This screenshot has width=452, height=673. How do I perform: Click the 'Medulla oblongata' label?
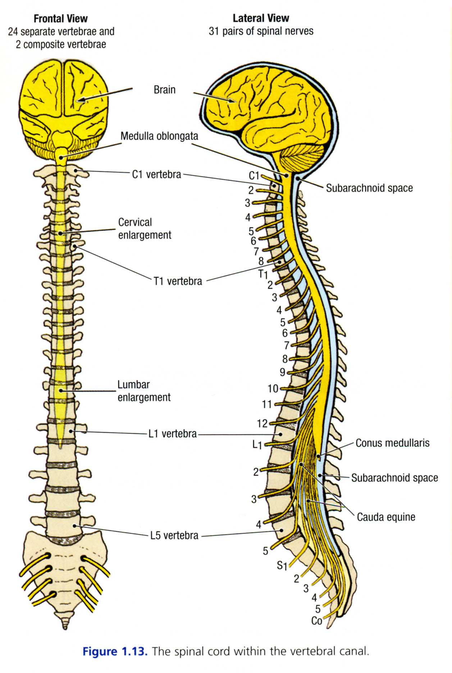159,136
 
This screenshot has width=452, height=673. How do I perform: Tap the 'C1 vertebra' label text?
156,174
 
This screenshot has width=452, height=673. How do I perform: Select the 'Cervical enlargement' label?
145,229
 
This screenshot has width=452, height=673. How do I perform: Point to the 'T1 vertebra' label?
178,281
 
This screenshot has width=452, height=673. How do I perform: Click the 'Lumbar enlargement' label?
144,391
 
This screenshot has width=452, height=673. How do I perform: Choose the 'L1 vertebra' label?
172,434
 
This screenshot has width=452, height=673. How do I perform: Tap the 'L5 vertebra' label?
174,535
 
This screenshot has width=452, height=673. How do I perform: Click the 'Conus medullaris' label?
392,443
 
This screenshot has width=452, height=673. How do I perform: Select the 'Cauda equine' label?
386,517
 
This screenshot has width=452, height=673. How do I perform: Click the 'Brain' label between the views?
164,90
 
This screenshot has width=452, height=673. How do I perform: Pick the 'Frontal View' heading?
60,19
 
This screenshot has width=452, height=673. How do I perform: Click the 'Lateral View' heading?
261,18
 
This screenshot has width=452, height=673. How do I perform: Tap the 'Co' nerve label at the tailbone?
316,621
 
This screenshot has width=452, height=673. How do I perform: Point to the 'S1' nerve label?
282,566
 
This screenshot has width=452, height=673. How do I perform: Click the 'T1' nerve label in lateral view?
263,274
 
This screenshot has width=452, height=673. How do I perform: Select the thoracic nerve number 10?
273,389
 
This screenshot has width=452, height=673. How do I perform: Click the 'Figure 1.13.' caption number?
115,651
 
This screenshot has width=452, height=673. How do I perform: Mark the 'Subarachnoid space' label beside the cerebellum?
369,188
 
